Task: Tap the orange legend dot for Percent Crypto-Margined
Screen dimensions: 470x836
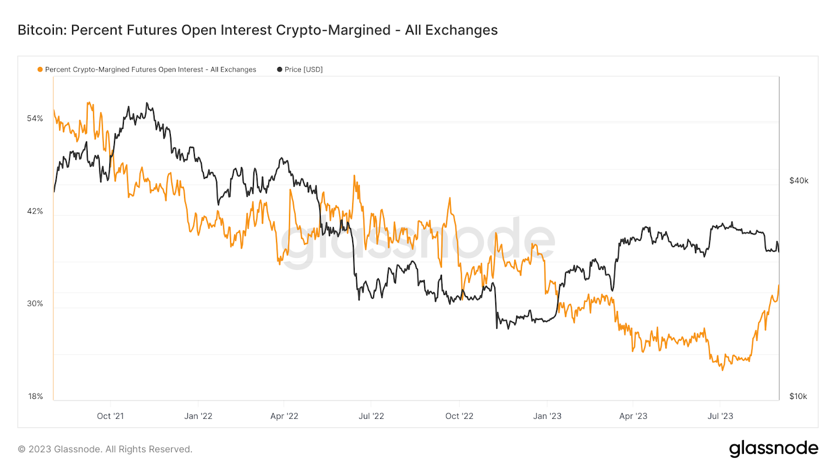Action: [x=40, y=69]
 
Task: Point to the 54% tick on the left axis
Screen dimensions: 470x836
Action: [x=35, y=119]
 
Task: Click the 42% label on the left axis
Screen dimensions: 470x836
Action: [x=35, y=211]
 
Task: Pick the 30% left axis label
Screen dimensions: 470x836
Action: [x=35, y=303]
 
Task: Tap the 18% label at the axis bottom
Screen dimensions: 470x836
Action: [x=35, y=396]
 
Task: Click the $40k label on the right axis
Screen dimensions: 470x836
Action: [x=798, y=181]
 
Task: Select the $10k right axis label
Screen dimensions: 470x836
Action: [x=798, y=396]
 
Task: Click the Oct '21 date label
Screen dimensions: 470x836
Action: [x=110, y=416]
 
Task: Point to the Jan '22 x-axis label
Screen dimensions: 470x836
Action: [x=198, y=416]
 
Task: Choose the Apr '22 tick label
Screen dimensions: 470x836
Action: [x=284, y=416]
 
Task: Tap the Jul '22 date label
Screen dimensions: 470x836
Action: [x=371, y=416]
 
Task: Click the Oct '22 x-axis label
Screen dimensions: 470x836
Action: [x=459, y=416]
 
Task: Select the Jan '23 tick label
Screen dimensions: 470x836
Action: [x=547, y=416]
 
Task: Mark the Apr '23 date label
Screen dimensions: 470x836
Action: [x=633, y=416]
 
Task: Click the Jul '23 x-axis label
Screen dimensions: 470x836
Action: [x=720, y=416]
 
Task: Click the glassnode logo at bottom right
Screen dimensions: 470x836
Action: [x=773, y=449]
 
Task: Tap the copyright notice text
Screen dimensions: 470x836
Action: [x=105, y=449]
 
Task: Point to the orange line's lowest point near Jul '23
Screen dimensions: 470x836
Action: [x=723, y=370]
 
